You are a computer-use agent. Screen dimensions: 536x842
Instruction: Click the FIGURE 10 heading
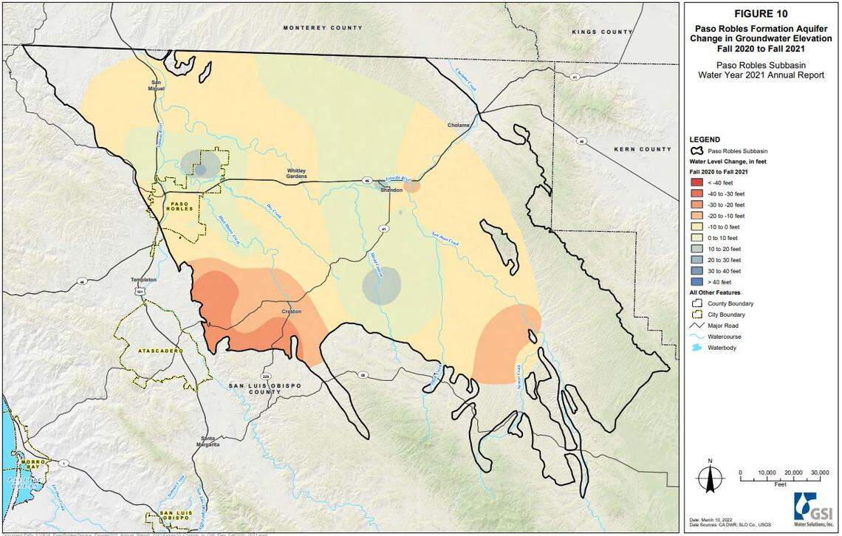point(761,13)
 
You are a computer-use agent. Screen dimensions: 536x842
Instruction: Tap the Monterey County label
point(323,28)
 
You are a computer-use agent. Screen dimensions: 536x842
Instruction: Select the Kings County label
point(602,32)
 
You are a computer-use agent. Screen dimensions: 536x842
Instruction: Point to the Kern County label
point(643,149)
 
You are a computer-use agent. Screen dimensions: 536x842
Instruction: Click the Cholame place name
point(459,126)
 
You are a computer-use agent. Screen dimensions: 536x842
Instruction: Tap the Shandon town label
point(391,190)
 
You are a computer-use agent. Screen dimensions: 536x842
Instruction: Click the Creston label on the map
point(292,312)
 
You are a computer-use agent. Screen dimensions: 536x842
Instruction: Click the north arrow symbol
point(710,476)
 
